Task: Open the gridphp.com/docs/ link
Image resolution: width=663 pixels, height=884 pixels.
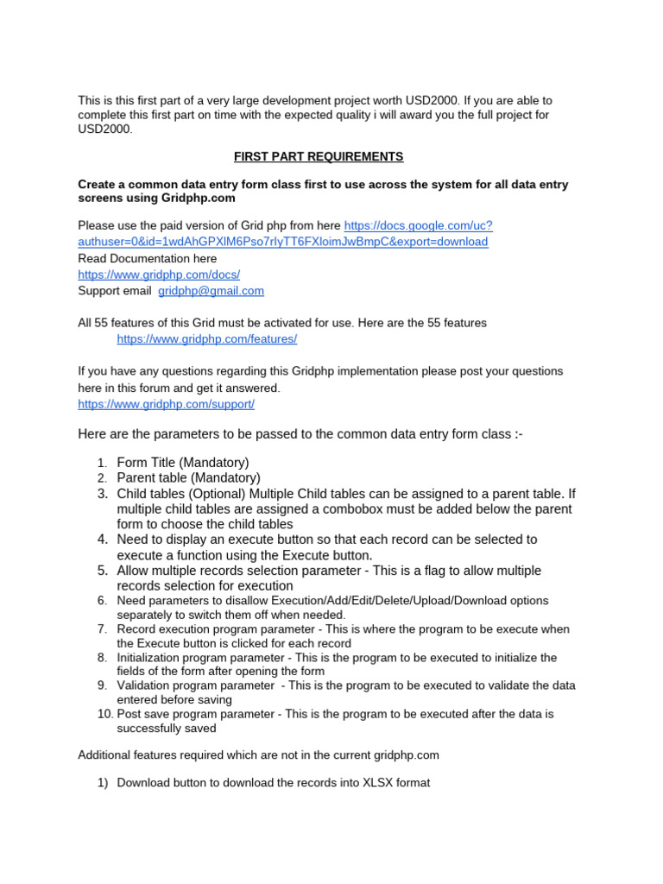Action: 159,275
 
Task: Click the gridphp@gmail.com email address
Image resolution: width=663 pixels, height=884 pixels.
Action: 211,291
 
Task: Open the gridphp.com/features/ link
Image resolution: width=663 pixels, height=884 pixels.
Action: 206,339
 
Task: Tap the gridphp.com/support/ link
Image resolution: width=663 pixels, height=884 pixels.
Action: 166,404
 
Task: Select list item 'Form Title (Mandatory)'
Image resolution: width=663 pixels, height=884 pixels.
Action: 183,463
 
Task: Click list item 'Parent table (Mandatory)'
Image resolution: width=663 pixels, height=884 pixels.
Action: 188,478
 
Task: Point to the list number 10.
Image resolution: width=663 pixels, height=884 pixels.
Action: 104,714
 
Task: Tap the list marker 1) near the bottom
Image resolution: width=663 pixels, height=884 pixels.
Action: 102,784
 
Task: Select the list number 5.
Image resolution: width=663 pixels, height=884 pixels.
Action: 103,571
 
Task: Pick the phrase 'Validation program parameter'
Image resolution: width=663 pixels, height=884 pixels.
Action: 195,685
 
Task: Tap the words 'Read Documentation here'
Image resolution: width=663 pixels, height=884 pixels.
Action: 148,258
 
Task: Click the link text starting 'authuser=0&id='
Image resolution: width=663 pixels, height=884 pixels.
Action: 282,242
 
